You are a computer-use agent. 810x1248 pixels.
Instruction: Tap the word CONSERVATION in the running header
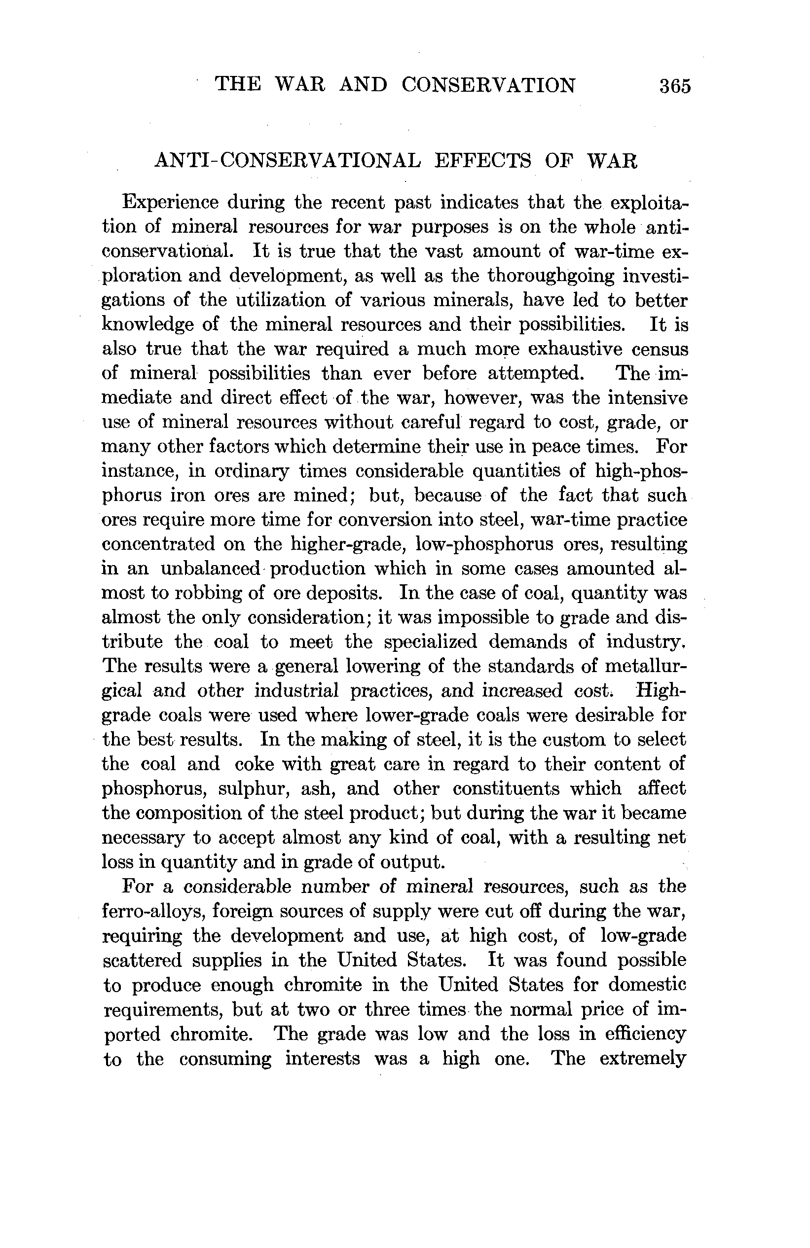[x=488, y=85]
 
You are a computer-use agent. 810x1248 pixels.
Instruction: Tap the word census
[x=660, y=349]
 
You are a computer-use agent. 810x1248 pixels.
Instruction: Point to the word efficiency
[x=645, y=1034]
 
